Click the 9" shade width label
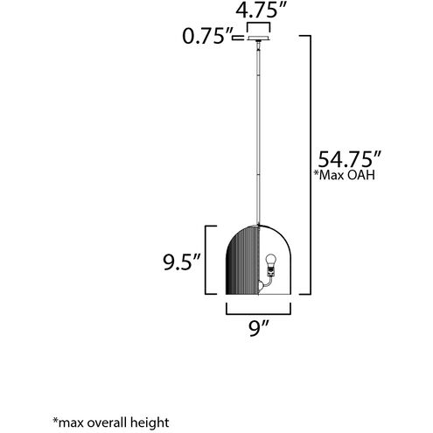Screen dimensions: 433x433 (x=258, y=331)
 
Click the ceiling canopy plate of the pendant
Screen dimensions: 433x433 (x=259, y=38)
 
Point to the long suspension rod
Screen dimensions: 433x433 (x=259, y=131)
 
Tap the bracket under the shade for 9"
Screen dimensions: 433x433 (x=258, y=311)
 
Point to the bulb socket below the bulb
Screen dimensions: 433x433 (x=271, y=274)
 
